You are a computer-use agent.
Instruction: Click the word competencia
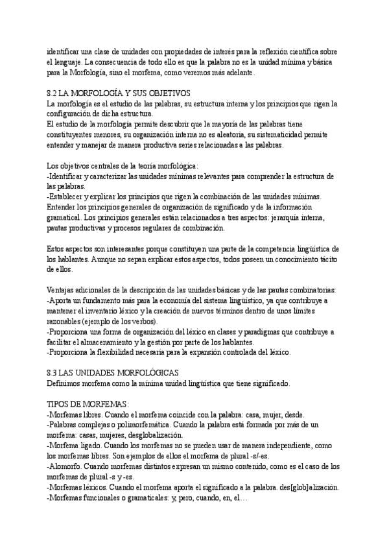[x=258, y=249]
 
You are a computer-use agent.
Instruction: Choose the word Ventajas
[x=62, y=290]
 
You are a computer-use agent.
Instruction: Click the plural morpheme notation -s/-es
[x=270, y=455]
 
